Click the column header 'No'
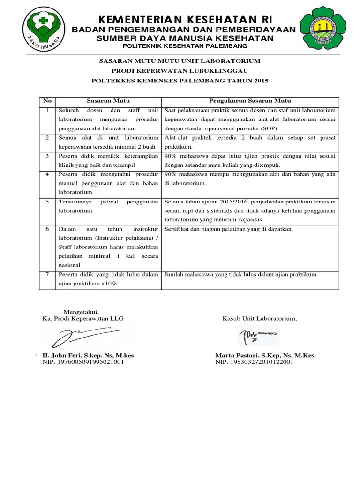[47, 101]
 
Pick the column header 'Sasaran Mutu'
[108, 101]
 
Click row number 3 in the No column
[47, 156]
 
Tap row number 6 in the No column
[47, 230]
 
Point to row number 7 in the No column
[47, 275]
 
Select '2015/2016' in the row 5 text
[234, 202]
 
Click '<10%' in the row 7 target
[108, 284]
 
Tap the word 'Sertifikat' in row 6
[176, 230]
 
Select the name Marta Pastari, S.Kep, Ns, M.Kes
[264, 355]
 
